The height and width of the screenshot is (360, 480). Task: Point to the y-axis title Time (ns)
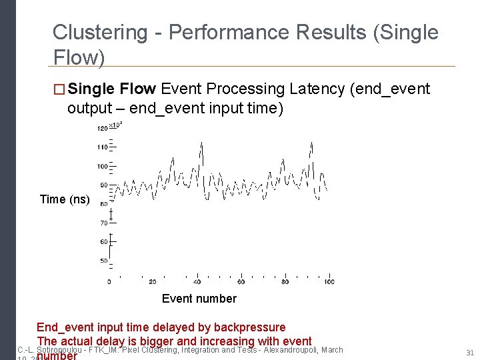pos(65,199)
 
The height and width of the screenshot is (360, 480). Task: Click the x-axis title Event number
pos(199,298)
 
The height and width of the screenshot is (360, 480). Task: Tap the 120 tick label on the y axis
pos(102,128)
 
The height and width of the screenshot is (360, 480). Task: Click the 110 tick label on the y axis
pos(102,147)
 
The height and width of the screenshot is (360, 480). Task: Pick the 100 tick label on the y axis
pos(102,166)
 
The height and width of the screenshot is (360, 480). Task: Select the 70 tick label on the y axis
pos(103,223)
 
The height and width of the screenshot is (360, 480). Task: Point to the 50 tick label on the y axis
pos(103,261)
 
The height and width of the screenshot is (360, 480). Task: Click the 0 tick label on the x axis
pos(109,282)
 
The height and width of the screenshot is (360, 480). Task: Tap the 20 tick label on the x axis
pos(153,282)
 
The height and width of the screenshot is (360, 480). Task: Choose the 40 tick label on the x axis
pos(197,282)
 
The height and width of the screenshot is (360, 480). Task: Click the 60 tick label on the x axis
pos(241,282)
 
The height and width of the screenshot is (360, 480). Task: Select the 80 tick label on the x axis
pos(285,282)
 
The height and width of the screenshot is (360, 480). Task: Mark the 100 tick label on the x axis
pos(329,282)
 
